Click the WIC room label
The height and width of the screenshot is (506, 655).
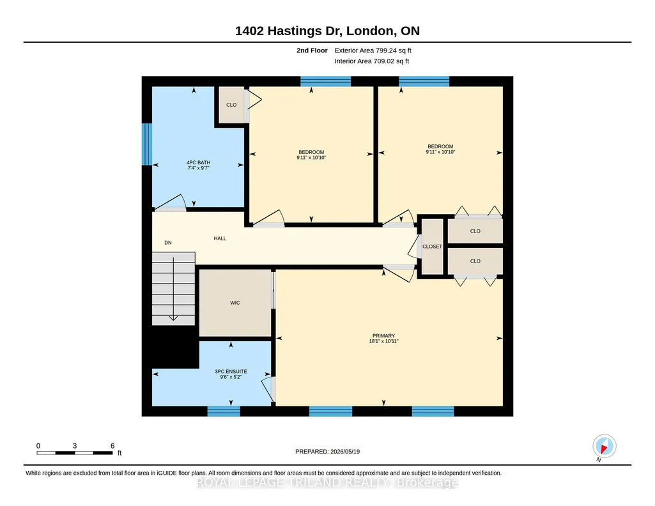(235, 303)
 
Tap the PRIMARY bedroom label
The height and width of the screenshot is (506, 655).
(383, 335)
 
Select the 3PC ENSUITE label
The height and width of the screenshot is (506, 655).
(231, 371)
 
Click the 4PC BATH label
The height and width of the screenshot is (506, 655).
(199, 162)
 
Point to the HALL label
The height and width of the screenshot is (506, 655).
(220, 238)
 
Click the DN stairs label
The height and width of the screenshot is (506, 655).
(168, 243)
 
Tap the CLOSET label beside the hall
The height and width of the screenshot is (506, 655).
(432, 247)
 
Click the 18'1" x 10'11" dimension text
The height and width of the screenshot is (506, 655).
(383, 341)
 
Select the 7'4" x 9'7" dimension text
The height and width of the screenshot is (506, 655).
(199, 168)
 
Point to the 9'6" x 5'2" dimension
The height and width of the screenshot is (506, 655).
(231, 376)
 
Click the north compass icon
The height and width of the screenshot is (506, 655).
(604, 447)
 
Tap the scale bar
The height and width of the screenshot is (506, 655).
(75, 452)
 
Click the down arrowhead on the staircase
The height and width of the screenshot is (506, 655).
(173, 319)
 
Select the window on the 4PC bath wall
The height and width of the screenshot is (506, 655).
(146, 144)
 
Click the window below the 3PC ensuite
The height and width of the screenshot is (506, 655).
(224, 411)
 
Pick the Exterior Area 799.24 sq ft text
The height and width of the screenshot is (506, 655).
(373, 50)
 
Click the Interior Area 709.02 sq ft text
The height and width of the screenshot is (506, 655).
(371, 61)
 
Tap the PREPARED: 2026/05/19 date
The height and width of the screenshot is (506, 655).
(327, 451)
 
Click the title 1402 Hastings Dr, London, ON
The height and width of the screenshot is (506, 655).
(327, 31)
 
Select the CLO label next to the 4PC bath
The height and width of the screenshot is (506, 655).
(231, 105)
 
